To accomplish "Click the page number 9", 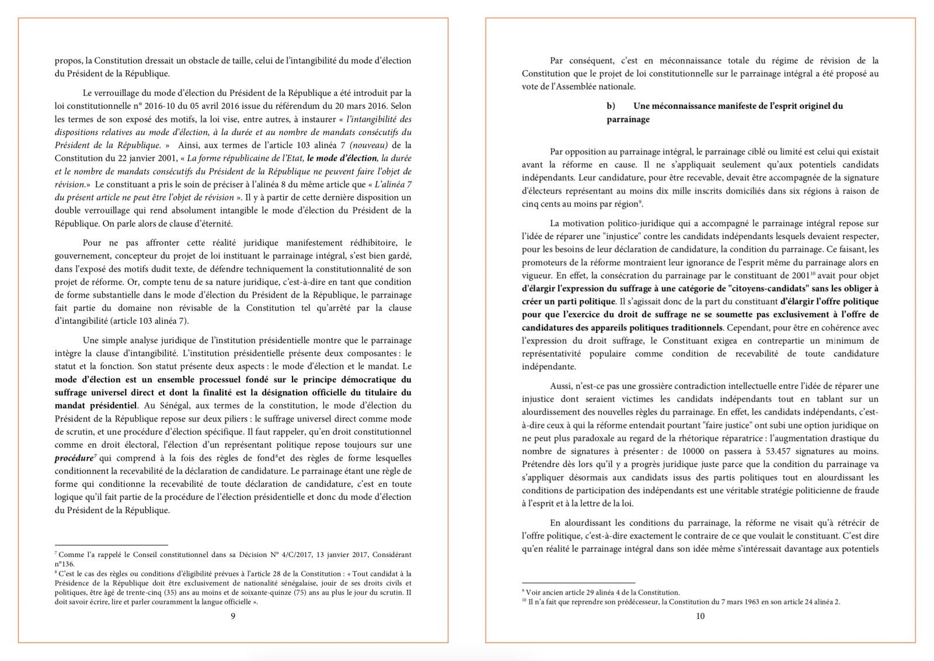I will pos(233,616).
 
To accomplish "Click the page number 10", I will pos(700,616).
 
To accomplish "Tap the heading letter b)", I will pos(611,106).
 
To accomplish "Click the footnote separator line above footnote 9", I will pos(578,583).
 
